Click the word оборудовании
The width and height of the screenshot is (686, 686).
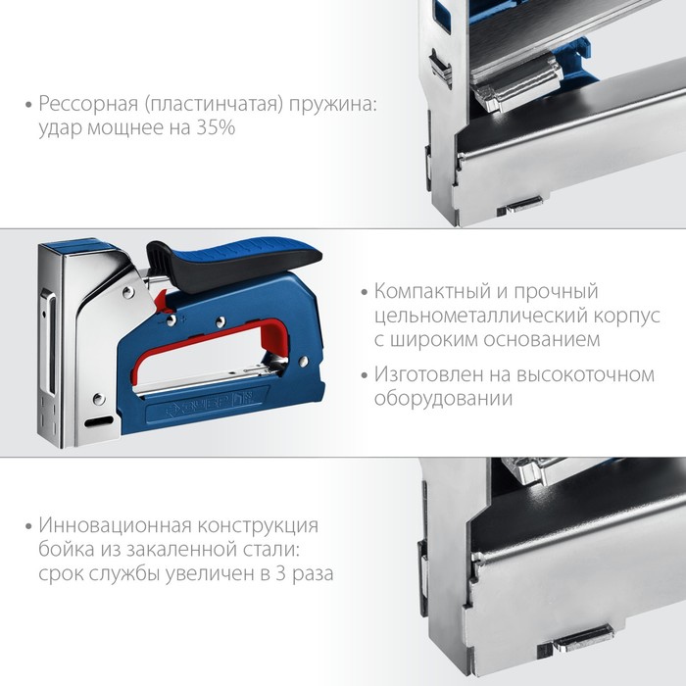(443, 399)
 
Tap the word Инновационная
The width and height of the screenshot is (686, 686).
(114, 524)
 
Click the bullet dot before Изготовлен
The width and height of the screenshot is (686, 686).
(365, 375)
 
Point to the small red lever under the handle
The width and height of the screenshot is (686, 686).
(163, 301)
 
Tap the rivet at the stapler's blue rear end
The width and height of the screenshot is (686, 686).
(303, 362)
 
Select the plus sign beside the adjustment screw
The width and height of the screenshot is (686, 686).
(183, 319)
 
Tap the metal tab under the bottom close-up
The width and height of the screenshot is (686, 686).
(582, 636)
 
